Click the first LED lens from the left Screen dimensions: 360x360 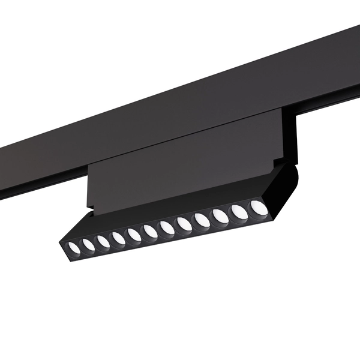click(x=73, y=248)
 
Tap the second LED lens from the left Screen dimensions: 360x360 click(x=88, y=244)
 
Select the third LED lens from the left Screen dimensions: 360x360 click(x=103, y=241)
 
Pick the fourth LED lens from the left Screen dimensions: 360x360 click(x=118, y=238)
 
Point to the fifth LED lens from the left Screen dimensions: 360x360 click(x=134, y=234)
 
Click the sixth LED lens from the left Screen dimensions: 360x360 click(x=150, y=230)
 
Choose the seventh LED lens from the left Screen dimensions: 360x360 click(x=166, y=227)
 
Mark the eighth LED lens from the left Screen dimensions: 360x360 click(x=183, y=223)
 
